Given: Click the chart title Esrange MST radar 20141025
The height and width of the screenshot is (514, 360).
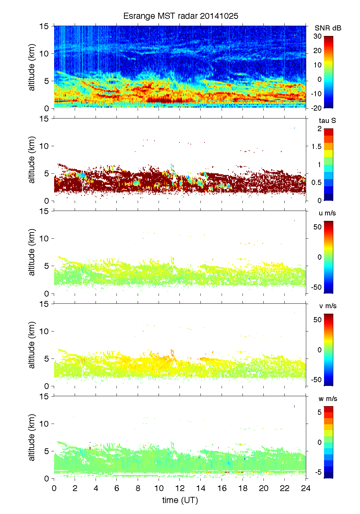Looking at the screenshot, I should (181, 16).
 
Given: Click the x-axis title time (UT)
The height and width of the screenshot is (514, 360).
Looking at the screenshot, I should (180, 500).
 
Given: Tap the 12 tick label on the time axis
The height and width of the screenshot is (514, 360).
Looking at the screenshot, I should (180, 488).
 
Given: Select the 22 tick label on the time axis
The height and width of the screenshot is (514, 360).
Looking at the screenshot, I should (285, 488).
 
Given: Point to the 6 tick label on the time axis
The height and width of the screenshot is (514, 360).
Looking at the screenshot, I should (117, 488).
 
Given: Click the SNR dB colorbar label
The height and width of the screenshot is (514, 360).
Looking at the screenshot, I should (328, 28).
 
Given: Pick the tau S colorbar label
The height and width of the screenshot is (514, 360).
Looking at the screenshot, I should (327, 121).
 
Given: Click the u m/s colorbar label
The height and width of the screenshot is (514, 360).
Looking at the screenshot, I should (327, 213).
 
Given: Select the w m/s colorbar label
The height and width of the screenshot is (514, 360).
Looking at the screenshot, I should (328, 399).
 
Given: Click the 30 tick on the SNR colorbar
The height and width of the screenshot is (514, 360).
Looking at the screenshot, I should (318, 36).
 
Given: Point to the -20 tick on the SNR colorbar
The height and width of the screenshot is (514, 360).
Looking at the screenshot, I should (316, 108).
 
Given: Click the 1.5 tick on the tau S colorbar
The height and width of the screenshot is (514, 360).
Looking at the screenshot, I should (316, 147).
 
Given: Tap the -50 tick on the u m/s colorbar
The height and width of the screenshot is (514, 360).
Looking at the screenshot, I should (316, 287).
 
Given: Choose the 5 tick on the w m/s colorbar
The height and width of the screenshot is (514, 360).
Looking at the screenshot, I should (320, 412).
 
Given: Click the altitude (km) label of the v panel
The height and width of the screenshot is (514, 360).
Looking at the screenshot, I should (32, 345).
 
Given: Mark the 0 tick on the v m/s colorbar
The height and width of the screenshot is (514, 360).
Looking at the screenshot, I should (320, 350).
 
